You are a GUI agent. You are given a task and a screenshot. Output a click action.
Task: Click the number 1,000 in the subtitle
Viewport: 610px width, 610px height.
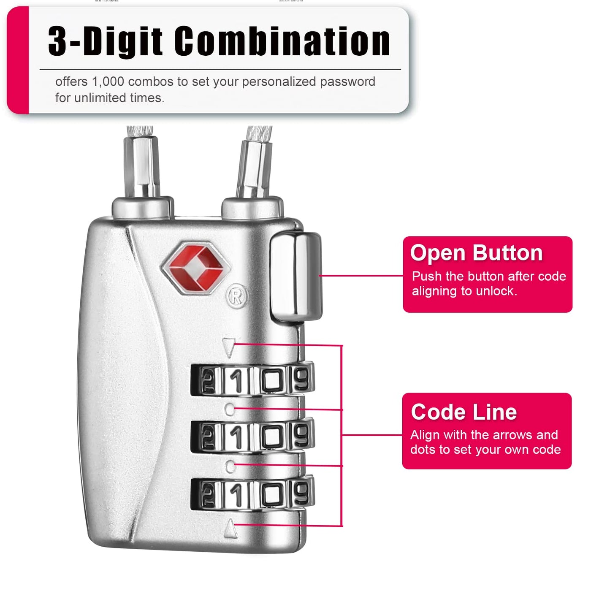[x=108, y=81]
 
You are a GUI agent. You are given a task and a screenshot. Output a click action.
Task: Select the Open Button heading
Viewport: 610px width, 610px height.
[x=476, y=253]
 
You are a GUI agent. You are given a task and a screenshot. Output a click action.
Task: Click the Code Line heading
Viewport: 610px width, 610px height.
[x=464, y=412]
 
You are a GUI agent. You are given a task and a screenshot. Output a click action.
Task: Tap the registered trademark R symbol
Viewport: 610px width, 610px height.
[x=237, y=296]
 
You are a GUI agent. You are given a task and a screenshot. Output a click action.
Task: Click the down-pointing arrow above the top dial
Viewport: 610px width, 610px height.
[x=229, y=347]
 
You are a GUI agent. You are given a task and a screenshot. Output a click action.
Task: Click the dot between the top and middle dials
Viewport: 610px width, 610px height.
[x=230, y=409]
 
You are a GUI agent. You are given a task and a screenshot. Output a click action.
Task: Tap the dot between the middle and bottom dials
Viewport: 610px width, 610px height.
[x=230, y=466]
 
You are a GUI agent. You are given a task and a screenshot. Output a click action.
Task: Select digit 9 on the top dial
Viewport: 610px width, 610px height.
[x=301, y=379]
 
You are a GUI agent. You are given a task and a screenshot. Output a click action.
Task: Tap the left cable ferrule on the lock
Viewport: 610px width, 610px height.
[x=142, y=167]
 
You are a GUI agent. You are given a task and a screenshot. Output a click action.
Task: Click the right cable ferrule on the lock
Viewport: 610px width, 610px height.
[x=253, y=169]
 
